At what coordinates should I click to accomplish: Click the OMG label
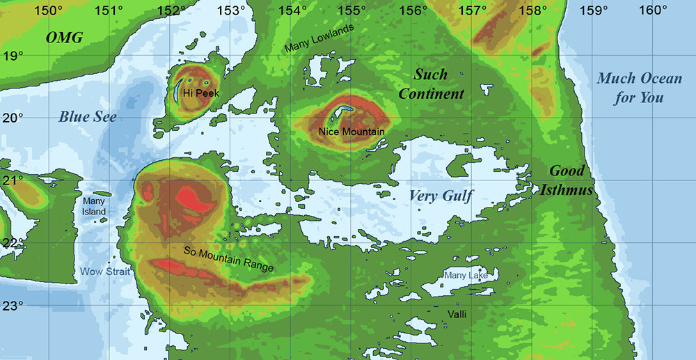pyautogui.click(x=64, y=38)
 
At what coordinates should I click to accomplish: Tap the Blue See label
pyautogui.click(x=88, y=116)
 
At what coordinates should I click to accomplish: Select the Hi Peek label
pyautogui.click(x=196, y=93)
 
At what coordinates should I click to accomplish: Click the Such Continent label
pyautogui.click(x=431, y=84)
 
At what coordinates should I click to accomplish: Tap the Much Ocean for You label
pyautogui.click(x=639, y=88)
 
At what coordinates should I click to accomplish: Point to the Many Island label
pyautogui.click(x=94, y=206)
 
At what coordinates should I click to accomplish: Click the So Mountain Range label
pyautogui.click(x=229, y=259)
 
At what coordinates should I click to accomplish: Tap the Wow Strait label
pyautogui.click(x=105, y=272)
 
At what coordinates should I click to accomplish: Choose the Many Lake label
pyautogui.click(x=466, y=276)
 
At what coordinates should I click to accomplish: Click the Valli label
pyautogui.click(x=457, y=315)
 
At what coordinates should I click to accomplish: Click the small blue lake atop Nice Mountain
pyautogui.click(x=343, y=111)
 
